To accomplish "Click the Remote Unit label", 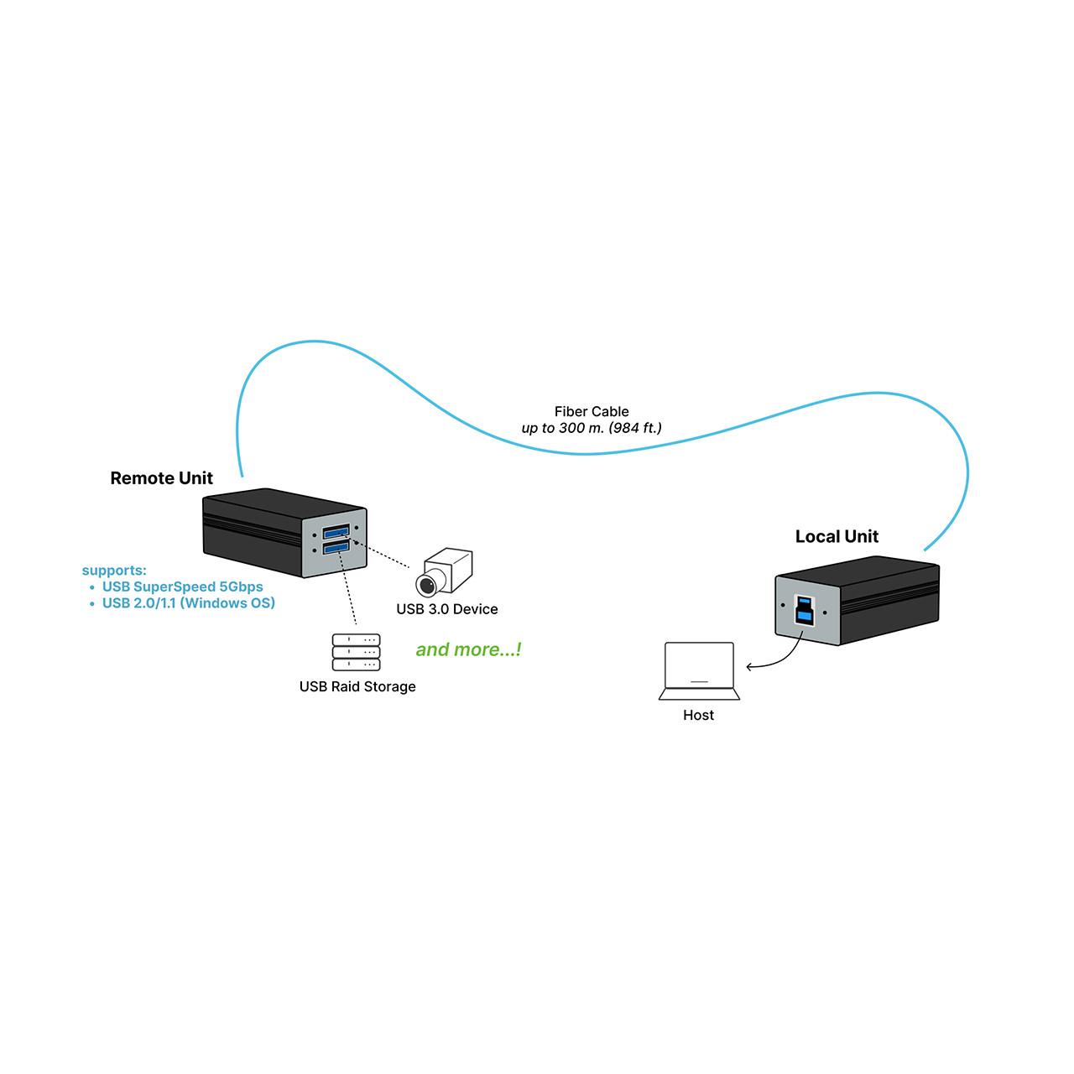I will click(161, 478).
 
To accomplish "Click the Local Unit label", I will click(836, 537).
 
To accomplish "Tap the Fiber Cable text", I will click(591, 411).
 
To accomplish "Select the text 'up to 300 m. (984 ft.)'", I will click(591, 428).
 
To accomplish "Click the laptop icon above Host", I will click(699, 670).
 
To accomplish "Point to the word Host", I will click(698, 715).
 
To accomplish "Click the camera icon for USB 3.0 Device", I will click(445, 572).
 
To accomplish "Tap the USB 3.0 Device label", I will click(446, 609).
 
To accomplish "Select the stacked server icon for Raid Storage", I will click(356, 652).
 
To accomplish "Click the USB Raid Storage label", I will click(357, 686).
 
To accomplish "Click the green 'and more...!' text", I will click(468, 649).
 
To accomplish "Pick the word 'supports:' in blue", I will click(114, 571).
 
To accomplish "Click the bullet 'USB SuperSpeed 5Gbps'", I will click(182, 587).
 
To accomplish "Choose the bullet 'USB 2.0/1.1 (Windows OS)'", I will click(188, 602).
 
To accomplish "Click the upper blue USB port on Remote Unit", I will click(336, 532).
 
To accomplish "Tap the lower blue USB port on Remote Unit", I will click(336, 548).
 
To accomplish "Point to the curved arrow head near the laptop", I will click(749, 667).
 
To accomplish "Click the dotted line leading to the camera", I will click(384, 555).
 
